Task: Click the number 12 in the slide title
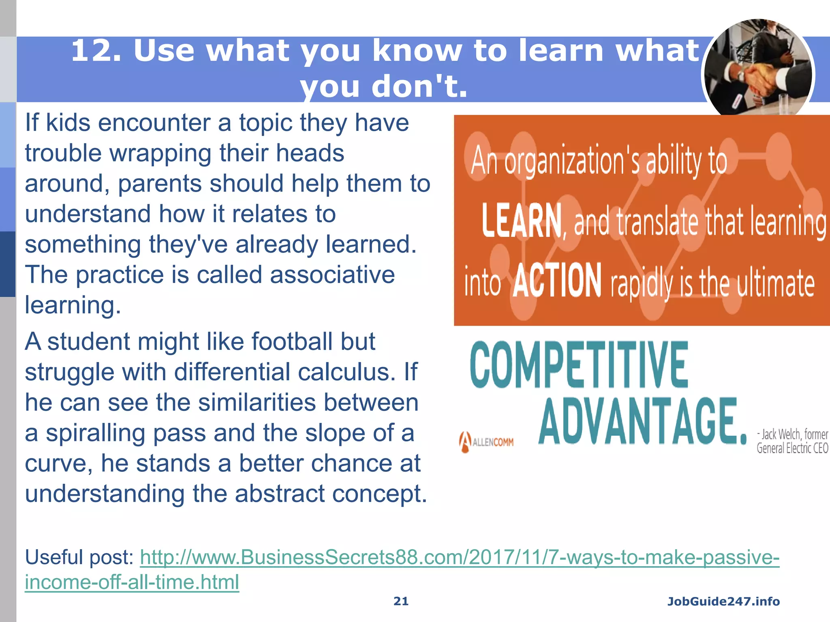[x=91, y=51]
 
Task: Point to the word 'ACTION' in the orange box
[x=557, y=280]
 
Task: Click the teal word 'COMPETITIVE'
[x=579, y=364]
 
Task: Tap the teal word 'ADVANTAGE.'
[x=642, y=421]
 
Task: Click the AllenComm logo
[x=486, y=442]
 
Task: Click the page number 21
[x=401, y=601]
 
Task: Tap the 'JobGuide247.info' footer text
[x=723, y=601]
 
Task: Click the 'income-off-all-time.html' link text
[x=132, y=582]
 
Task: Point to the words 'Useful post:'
[x=79, y=557]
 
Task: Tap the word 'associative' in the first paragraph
[x=332, y=275]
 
